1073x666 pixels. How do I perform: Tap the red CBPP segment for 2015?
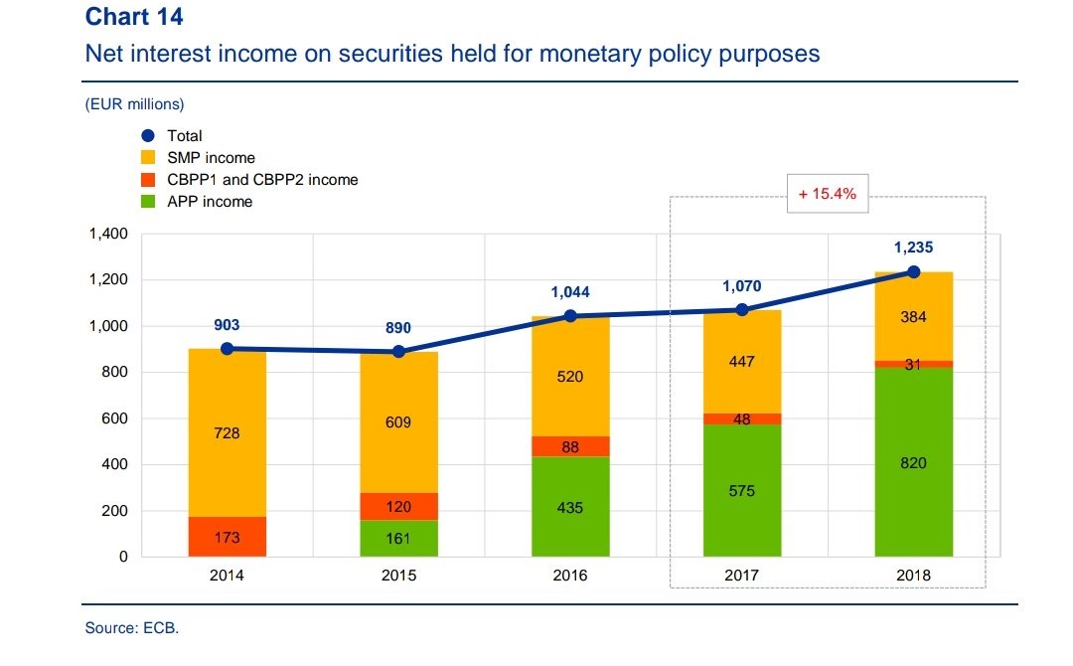[x=398, y=506]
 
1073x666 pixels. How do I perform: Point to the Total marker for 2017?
[x=742, y=310]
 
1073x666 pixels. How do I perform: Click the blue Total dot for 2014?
[x=227, y=349]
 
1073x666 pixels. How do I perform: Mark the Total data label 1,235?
[x=913, y=249]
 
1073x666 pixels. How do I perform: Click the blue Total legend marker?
[x=148, y=136]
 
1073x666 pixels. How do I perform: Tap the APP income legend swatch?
[x=148, y=202]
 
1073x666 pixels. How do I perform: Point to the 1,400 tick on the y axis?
[x=108, y=235]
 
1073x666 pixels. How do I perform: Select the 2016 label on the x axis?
[x=570, y=576]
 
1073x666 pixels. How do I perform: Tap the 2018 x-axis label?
[x=913, y=576]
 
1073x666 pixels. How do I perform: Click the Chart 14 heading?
[x=134, y=17]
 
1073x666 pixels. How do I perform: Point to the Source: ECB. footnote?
[x=132, y=628]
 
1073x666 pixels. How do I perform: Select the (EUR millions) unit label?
[x=134, y=103]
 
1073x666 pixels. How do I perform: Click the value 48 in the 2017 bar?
[x=742, y=419]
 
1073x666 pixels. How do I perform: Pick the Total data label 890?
[x=398, y=328]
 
